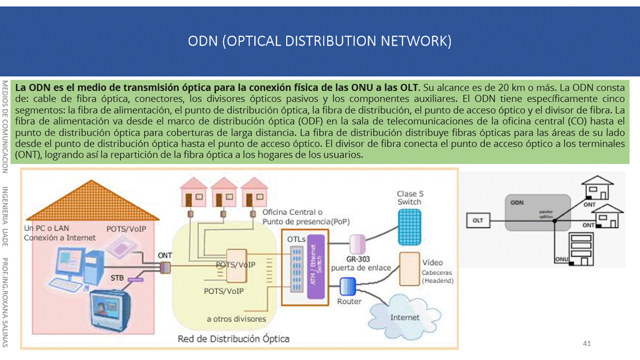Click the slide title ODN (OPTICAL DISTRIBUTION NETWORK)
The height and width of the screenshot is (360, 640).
point(319,41)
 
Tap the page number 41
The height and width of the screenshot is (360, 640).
point(587,343)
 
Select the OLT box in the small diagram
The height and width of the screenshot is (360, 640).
point(478,220)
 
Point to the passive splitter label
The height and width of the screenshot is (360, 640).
point(545,213)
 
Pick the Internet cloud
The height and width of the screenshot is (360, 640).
point(405,316)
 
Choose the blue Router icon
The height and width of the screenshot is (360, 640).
point(347,286)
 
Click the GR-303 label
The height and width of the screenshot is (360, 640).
point(358,259)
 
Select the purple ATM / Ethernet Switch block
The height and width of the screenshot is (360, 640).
point(316,268)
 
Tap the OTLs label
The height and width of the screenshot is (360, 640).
point(296,239)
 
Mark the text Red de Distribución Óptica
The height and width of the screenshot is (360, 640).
point(233,339)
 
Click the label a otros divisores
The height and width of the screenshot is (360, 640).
point(236,319)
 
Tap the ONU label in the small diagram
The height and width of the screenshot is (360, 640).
point(561,259)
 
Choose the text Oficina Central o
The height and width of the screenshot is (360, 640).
point(292,212)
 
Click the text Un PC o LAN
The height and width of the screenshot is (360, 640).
point(47,228)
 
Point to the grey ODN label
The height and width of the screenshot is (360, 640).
point(517,203)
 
